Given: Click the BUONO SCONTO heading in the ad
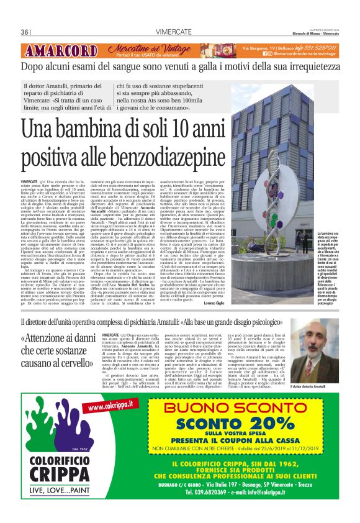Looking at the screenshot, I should [x=238, y=408].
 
